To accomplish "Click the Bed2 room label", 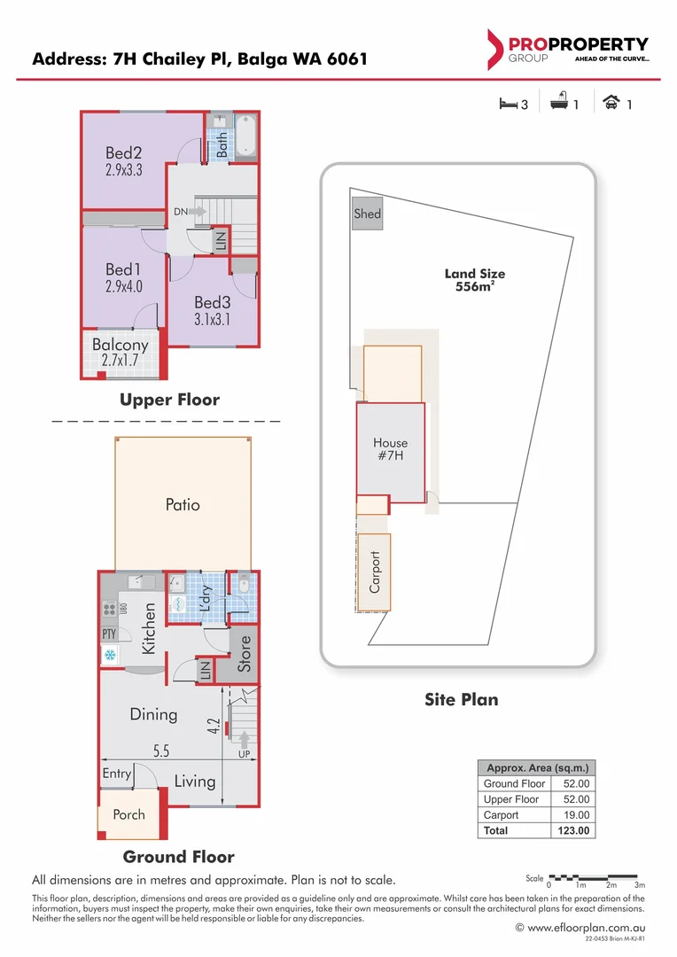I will point(124,153).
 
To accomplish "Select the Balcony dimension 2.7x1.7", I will point(121,360).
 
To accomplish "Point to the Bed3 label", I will point(212,303).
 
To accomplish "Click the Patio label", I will point(183,505).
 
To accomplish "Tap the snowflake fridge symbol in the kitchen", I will point(110,656).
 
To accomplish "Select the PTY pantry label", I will point(109,634).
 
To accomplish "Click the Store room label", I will point(245,653).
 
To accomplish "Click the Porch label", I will point(128,814).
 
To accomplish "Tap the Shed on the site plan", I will point(367,214).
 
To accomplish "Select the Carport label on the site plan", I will point(375,572).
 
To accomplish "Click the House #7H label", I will point(390,449).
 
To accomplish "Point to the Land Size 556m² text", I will point(474,281).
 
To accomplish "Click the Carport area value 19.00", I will point(575,815).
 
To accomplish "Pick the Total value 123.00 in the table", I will point(575,831).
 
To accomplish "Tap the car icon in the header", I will point(611,104).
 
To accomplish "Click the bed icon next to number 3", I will point(508,104).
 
